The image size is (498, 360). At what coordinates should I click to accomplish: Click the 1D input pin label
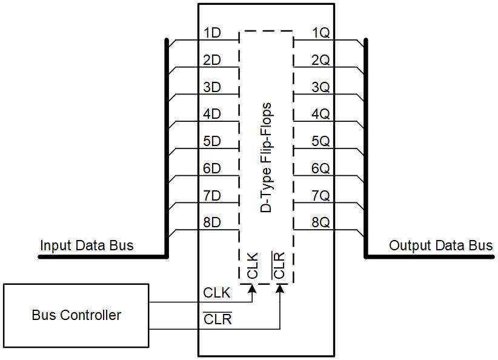click(211, 33)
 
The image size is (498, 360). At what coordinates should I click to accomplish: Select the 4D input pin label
click(211, 114)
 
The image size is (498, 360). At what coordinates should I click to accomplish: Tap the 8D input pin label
click(211, 222)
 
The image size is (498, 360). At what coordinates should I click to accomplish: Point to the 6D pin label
click(211, 168)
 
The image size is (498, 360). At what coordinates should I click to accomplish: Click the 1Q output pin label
click(320, 33)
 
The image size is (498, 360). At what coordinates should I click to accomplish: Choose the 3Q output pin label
click(320, 87)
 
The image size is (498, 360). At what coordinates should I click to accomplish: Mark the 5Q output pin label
click(320, 141)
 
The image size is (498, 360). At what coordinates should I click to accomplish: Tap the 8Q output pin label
click(320, 222)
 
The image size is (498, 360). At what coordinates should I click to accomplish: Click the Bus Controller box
click(76, 315)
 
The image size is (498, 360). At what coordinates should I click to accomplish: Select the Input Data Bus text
click(87, 245)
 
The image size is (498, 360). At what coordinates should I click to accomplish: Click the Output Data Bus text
click(440, 245)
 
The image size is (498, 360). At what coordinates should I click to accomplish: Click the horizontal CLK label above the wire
click(217, 293)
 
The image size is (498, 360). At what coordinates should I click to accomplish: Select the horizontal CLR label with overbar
click(217, 319)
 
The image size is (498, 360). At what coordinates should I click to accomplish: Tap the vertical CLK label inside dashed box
click(253, 265)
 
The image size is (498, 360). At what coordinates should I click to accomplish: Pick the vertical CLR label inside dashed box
click(279, 265)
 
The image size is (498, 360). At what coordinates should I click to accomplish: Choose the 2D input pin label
click(211, 60)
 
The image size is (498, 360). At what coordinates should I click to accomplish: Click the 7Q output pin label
click(320, 196)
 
